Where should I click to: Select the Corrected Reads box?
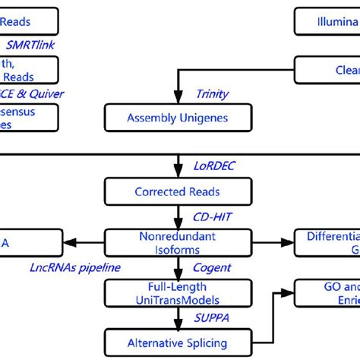point(177,192)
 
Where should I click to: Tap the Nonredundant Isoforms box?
point(177,243)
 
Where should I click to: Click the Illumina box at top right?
point(327,21)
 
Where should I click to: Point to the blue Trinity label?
point(213,94)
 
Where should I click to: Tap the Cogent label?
point(211,267)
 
